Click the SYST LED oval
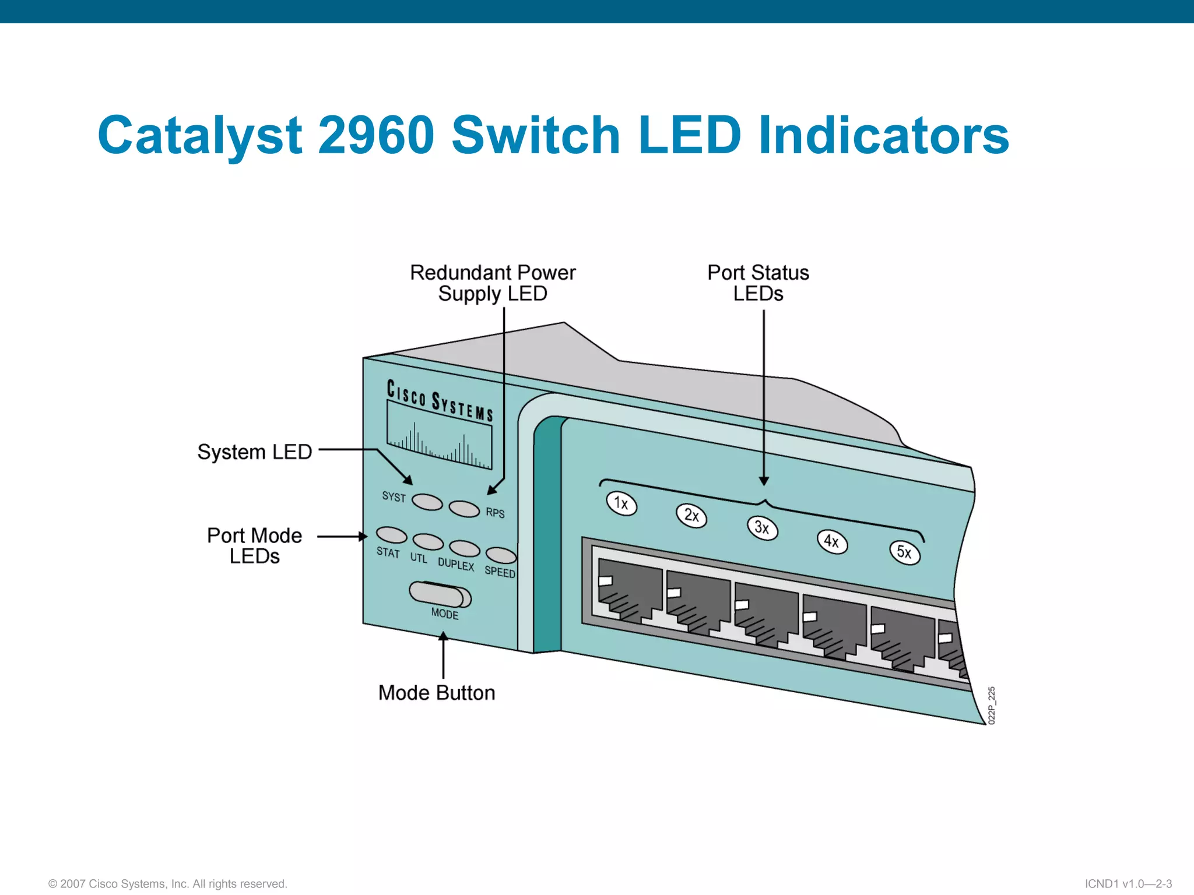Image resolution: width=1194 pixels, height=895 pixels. pos(427,502)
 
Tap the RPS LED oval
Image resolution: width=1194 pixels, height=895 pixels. pos(464,509)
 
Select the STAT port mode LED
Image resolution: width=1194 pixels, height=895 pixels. pos(391,535)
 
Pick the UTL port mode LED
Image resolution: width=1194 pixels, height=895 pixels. pos(428,542)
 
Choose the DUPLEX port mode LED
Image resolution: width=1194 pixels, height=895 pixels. pos(465,549)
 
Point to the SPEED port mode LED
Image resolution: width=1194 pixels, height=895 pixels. pos(501,555)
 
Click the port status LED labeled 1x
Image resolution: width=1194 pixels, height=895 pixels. pos(621,503)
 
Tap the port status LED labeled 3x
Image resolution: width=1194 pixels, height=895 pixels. pos(762,528)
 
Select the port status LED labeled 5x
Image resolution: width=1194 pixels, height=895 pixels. pos(904,552)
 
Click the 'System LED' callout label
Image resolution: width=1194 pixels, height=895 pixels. pos(255,452)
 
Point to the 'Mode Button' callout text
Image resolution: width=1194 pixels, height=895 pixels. pos(437,693)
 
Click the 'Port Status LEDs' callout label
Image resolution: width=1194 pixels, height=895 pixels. pos(758,283)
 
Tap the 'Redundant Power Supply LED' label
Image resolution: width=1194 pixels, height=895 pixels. pos(493,283)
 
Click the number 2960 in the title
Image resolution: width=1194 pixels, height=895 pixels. pos(377,135)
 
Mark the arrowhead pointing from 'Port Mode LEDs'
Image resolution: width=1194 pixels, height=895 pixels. pos(363,536)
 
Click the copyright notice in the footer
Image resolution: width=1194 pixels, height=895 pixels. pos(168,884)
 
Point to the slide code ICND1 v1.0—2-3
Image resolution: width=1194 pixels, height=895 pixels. pos(1128,884)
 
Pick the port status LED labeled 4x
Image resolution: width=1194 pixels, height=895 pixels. pos(832,542)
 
